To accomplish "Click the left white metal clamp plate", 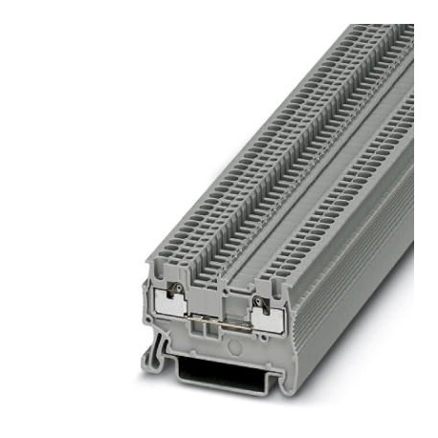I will coord(171,312).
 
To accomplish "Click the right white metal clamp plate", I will coord(271,318).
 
